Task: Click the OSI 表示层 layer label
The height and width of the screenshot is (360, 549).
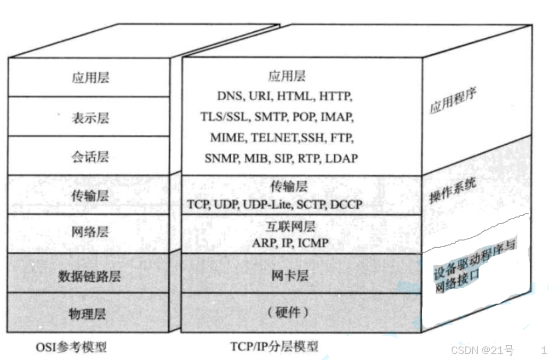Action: (x=90, y=117)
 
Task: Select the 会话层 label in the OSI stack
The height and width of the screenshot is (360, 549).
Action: (x=90, y=157)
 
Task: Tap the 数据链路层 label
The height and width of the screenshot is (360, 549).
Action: (x=89, y=276)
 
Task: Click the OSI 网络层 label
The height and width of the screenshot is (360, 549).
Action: (x=90, y=232)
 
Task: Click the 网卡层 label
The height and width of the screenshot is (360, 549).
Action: (x=290, y=276)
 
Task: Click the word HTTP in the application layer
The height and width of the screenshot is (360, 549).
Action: (x=336, y=96)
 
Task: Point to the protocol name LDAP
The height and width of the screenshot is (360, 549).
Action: (x=341, y=158)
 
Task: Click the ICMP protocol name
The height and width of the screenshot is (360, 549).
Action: (x=313, y=242)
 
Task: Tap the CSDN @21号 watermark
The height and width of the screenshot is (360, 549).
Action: (x=482, y=350)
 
